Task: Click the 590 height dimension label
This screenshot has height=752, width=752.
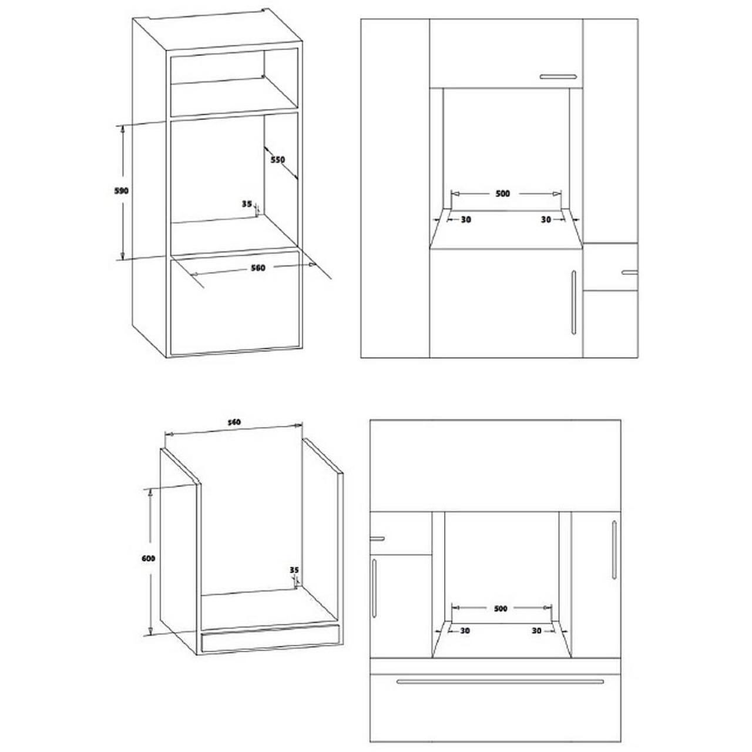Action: point(122,191)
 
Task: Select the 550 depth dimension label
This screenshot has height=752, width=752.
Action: point(278,160)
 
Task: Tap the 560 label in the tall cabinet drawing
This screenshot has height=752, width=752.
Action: point(258,268)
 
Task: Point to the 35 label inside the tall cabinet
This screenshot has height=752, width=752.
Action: point(247,204)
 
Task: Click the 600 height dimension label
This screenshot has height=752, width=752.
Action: point(148,559)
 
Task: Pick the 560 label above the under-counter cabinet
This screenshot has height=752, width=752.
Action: point(234,422)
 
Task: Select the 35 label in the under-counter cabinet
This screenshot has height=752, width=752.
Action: point(294,570)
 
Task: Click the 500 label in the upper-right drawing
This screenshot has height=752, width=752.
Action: point(503,193)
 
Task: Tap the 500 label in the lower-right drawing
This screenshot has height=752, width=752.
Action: point(501,609)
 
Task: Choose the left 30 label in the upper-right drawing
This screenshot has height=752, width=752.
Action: point(466,220)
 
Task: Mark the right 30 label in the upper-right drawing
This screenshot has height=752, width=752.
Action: point(546,220)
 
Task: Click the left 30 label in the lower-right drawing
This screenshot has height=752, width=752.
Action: point(465,630)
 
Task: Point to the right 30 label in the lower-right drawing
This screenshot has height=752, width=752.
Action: point(536,630)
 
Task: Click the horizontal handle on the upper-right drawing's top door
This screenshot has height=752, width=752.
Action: point(559,76)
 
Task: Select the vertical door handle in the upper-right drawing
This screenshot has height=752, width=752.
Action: point(573,302)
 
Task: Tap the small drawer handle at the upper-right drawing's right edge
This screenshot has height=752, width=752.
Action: point(630,273)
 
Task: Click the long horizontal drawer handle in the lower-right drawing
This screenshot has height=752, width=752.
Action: point(500,681)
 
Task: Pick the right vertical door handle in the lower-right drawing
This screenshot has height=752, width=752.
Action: point(615,549)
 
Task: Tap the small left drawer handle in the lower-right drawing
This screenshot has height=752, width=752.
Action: point(377,539)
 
